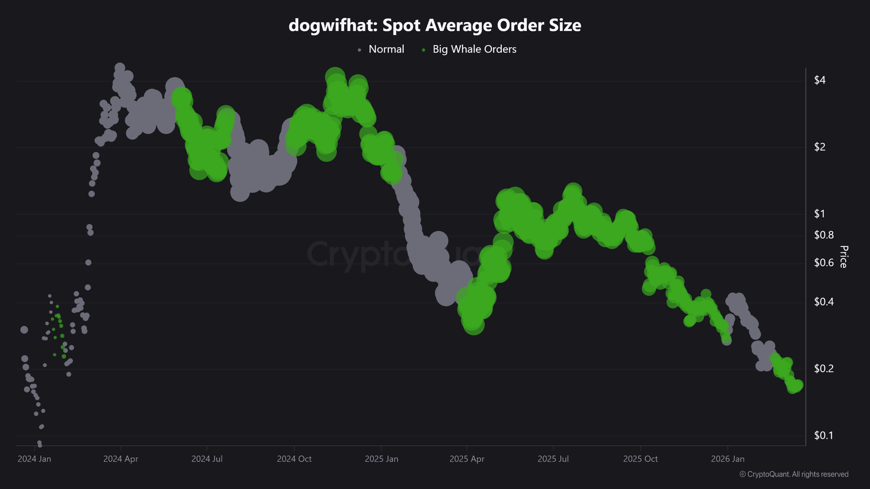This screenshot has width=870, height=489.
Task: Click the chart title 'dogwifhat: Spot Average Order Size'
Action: click(x=435, y=25)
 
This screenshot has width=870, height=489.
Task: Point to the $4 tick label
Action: click(x=819, y=80)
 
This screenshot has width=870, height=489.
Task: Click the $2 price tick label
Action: click(x=819, y=147)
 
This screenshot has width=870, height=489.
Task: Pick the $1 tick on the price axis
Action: click(x=819, y=214)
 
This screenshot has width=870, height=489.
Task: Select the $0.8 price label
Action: click(x=823, y=235)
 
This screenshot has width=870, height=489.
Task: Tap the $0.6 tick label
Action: click(x=823, y=263)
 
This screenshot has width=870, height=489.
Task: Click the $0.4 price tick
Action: click(x=823, y=302)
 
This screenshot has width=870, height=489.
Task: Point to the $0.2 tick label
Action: click(x=823, y=369)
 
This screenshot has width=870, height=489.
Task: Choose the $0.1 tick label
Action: click(x=823, y=436)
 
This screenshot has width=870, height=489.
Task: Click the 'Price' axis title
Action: click(x=843, y=257)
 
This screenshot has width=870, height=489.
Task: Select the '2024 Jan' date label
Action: click(x=34, y=459)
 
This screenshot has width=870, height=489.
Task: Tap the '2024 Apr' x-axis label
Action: click(x=121, y=459)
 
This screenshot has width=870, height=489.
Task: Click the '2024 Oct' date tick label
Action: click(x=294, y=459)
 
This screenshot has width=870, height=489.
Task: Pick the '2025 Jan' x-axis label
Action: click(x=381, y=459)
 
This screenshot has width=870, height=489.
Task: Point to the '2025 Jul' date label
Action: click(x=553, y=459)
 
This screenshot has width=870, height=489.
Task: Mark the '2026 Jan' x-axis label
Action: click(x=728, y=459)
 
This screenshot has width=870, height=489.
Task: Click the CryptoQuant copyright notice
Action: click(x=794, y=474)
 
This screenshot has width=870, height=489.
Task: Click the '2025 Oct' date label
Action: click(x=640, y=459)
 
